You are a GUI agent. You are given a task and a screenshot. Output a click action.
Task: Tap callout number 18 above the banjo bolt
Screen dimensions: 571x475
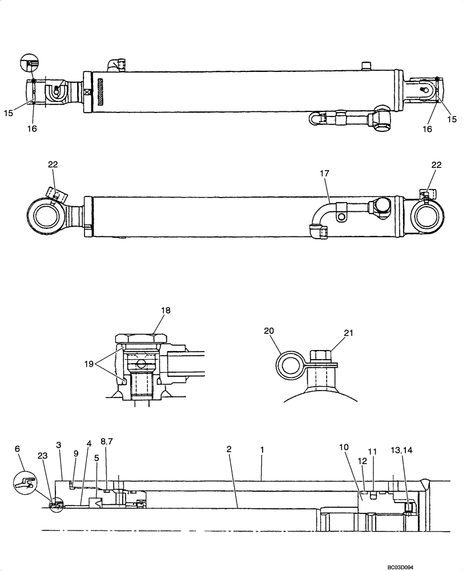(x=166, y=311)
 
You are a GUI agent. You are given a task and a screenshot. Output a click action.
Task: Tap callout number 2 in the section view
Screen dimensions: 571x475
(x=229, y=449)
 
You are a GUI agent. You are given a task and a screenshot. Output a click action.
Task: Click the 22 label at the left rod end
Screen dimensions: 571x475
(x=53, y=164)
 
